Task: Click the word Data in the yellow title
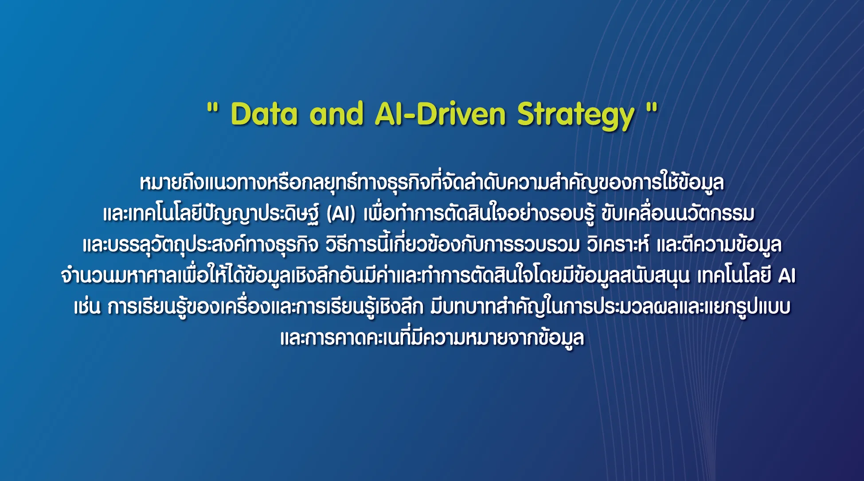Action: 264,114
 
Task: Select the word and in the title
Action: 336,114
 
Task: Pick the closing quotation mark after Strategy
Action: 652,107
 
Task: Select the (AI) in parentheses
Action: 341,214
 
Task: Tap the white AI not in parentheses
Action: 787,276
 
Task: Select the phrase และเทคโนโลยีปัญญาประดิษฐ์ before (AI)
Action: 211,214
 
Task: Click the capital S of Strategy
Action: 527,114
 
